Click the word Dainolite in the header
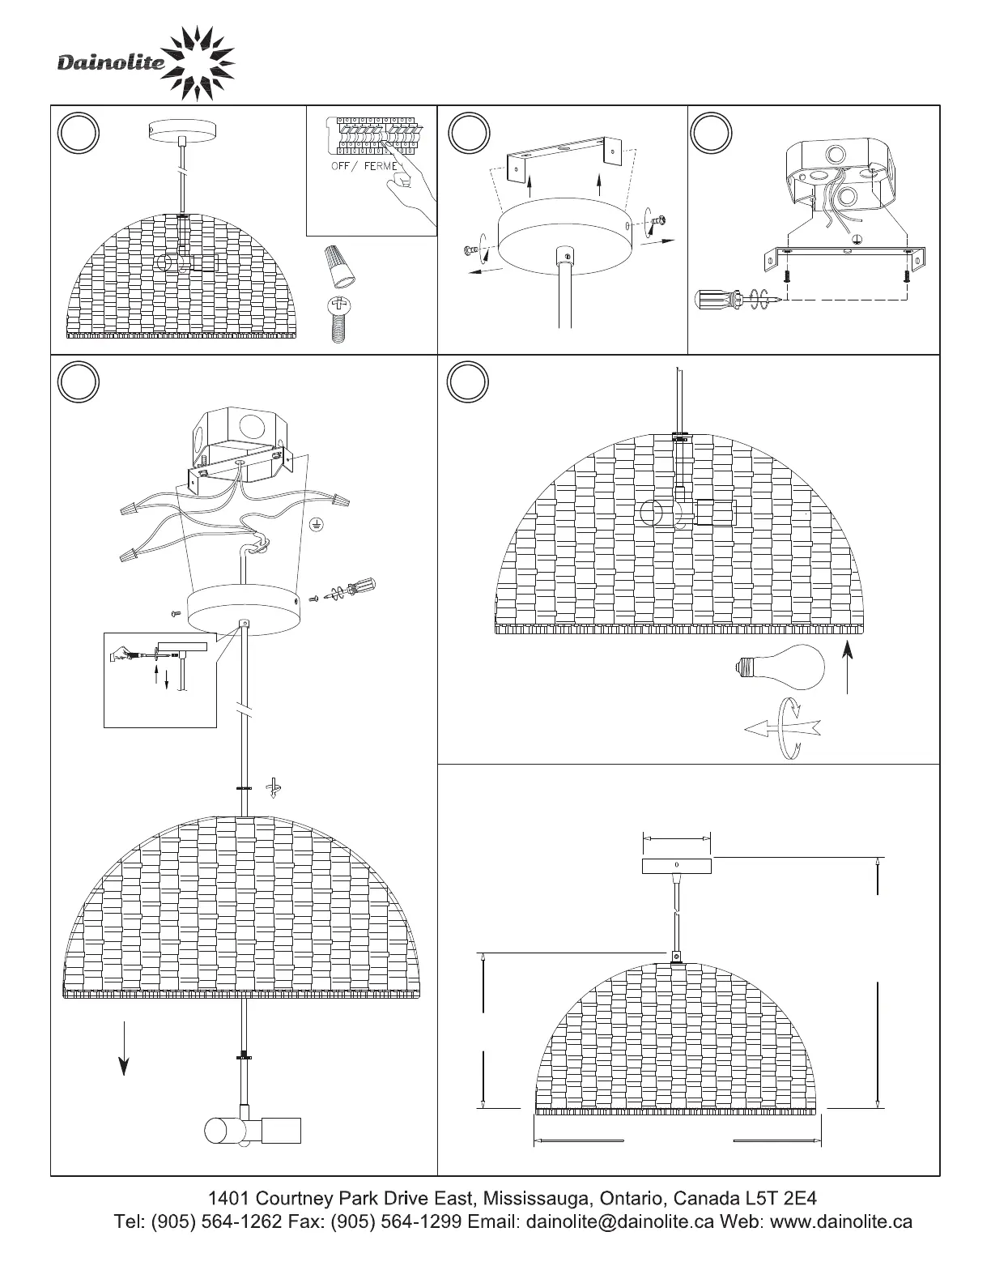click(111, 63)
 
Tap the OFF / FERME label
click(364, 166)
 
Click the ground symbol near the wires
click(316, 527)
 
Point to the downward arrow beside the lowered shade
click(123, 1048)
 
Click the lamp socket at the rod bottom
click(252, 1130)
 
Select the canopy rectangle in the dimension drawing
click(676, 866)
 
